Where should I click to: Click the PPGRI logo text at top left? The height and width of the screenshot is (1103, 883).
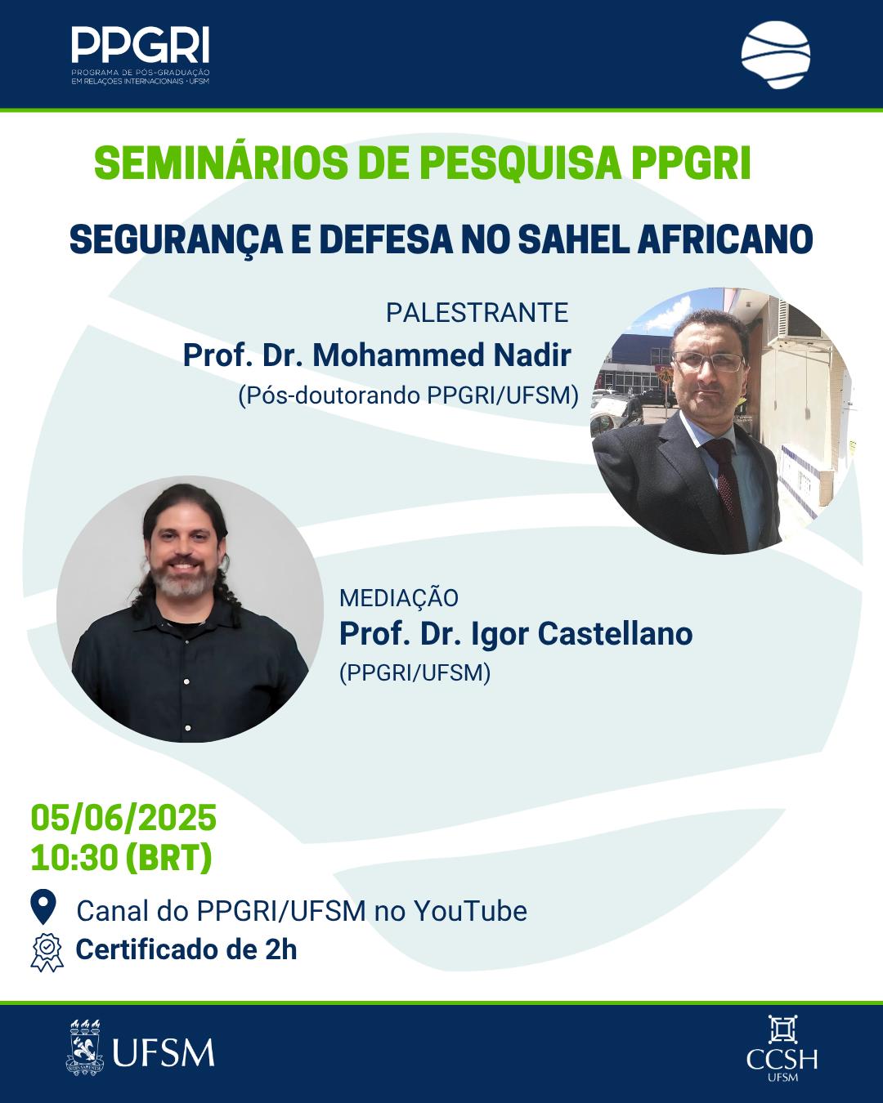click(140, 45)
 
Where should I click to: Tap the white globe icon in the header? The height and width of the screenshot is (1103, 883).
click(775, 55)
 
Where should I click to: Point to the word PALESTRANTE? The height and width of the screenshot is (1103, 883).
click(477, 313)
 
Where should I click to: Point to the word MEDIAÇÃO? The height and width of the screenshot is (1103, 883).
click(399, 598)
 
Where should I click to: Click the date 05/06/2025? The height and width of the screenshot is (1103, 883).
click(123, 818)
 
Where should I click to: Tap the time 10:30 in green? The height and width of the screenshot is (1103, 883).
click(74, 858)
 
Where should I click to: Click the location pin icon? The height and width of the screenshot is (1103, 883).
click(43, 907)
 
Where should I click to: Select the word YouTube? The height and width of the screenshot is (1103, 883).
click(470, 911)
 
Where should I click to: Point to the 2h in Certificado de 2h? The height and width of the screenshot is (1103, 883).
click(281, 949)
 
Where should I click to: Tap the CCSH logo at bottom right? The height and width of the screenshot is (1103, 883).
click(782, 1049)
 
